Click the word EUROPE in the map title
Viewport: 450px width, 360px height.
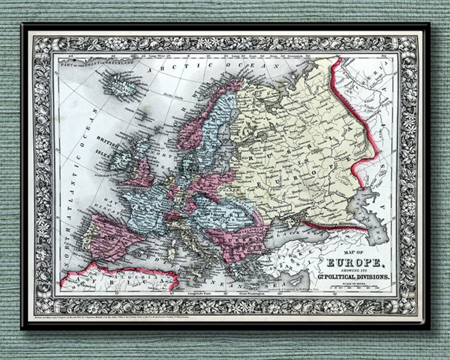353,262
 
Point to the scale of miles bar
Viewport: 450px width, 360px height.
354,287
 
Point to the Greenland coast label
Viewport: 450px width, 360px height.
96,62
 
